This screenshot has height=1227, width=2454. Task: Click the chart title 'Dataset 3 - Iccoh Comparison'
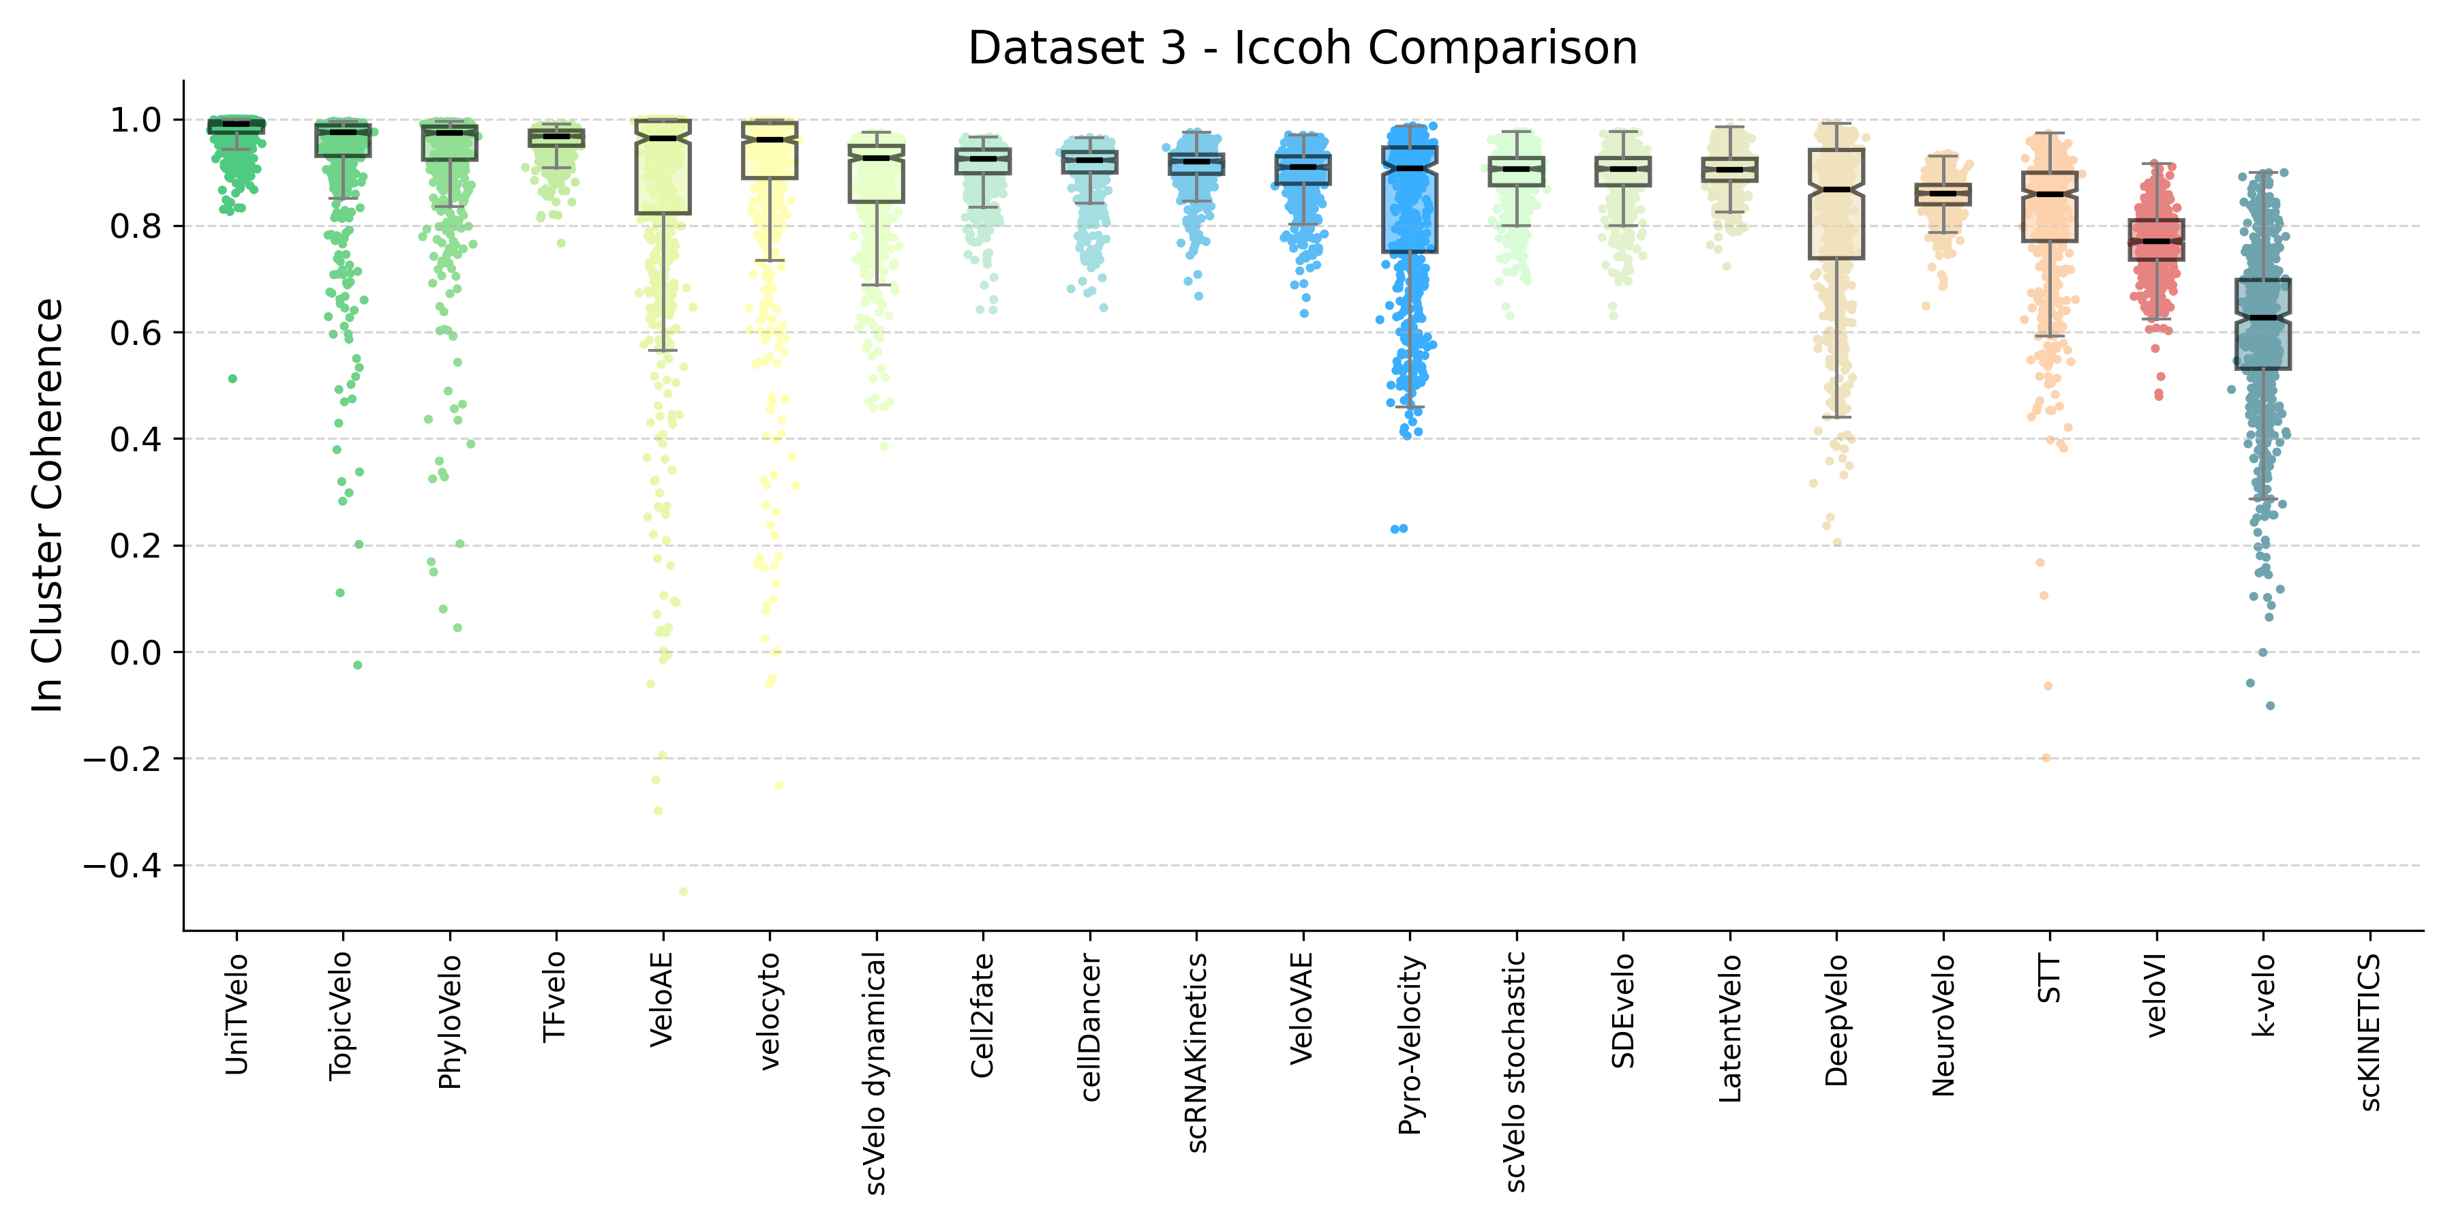click(x=1302, y=48)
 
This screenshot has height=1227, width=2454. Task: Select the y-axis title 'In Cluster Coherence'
click(x=48, y=505)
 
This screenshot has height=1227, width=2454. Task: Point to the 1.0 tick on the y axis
click(x=135, y=120)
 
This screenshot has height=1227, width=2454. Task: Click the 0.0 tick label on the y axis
click(x=135, y=652)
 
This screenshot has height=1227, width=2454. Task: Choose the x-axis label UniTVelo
click(x=237, y=1014)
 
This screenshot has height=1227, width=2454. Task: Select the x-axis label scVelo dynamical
click(x=875, y=1072)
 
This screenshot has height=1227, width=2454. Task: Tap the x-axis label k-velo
click(x=2263, y=995)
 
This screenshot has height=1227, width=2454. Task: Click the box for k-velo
click(x=2263, y=324)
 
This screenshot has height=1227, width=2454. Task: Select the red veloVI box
click(x=2157, y=240)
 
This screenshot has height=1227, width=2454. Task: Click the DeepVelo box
click(x=1836, y=204)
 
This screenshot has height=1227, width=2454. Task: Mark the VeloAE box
click(x=663, y=167)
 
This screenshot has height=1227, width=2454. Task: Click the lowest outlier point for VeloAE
click(x=683, y=892)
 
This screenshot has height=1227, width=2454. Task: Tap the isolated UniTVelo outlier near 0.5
click(x=232, y=379)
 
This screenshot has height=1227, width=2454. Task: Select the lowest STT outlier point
click(x=2045, y=758)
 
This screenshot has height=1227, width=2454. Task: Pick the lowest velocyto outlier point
click(x=778, y=786)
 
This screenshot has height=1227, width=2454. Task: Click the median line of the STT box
click(x=2050, y=194)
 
